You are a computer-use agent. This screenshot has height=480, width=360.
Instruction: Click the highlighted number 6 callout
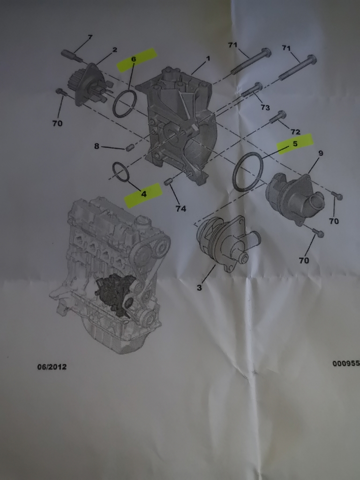(134, 59)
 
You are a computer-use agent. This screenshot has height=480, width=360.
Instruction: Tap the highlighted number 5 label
(295, 143)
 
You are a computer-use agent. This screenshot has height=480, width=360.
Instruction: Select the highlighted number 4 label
(143, 194)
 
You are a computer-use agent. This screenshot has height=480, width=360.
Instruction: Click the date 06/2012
(52, 367)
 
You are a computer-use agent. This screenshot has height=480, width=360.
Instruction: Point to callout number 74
(180, 209)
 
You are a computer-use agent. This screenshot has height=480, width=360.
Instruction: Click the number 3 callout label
(199, 287)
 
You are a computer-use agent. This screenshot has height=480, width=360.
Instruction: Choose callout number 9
(321, 153)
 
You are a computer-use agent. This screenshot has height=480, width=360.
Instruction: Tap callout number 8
(97, 146)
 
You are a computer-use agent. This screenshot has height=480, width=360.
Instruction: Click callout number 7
(90, 37)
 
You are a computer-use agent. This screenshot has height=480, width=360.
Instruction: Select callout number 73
(265, 107)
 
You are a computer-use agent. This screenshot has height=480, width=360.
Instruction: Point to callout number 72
(295, 132)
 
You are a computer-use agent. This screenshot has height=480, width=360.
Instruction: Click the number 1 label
(208, 58)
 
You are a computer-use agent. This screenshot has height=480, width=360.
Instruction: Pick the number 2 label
(114, 50)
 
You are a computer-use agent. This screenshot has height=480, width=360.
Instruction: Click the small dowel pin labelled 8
(130, 148)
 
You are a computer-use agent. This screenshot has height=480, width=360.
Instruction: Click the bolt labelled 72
(277, 117)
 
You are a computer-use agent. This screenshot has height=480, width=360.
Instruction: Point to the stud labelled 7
(72, 56)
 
